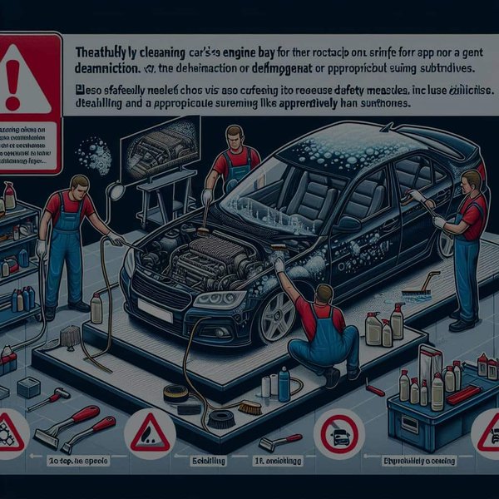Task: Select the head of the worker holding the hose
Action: coord(80,185)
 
